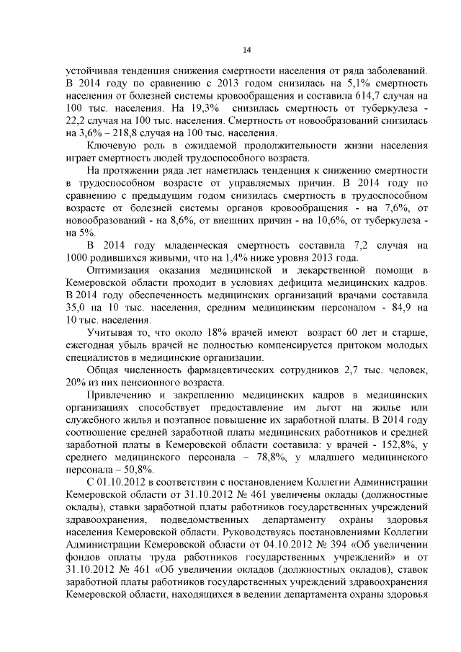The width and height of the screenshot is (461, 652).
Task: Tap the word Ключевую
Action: [x=110, y=147]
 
